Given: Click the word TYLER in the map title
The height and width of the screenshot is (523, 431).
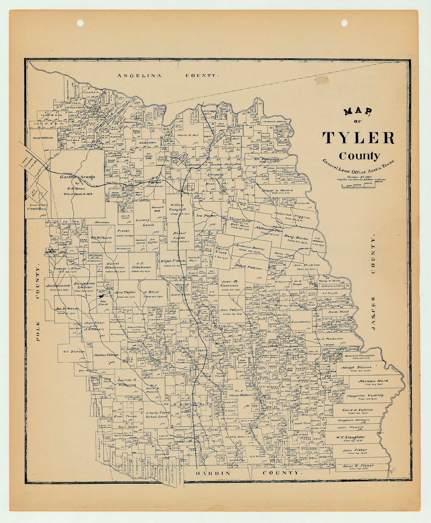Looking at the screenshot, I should [358, 138].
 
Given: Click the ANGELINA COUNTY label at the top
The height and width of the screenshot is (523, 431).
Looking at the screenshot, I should [168, 75].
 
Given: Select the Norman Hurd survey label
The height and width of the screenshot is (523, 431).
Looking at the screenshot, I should [373, 381].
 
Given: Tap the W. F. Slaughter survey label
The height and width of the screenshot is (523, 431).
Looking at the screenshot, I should [350, 437].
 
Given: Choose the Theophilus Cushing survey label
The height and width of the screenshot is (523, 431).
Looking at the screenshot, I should [365, 395].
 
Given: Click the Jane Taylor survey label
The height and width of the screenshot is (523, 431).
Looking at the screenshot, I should [125, 293].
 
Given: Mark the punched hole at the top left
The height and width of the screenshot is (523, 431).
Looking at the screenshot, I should [80, 23].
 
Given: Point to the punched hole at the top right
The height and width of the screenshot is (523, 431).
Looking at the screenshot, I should [344, 23].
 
